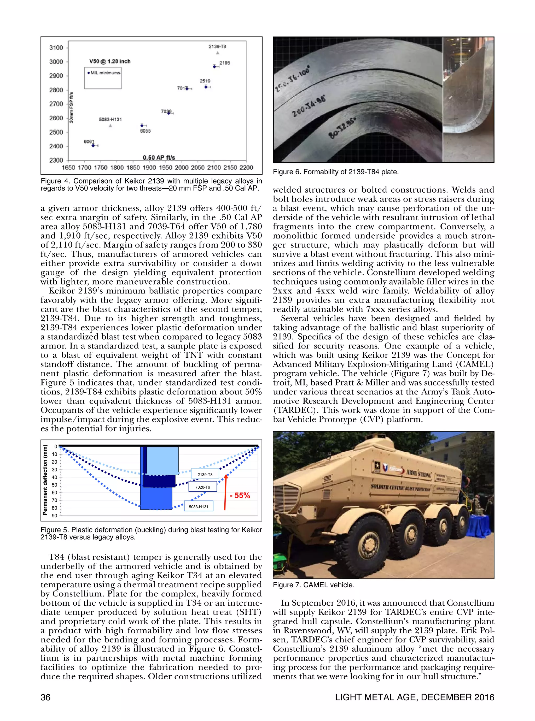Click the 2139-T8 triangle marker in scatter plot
click(x=218, y=53)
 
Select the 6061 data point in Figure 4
click(x=93, y=146)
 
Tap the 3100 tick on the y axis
click(x=56, y=48)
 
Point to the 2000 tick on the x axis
click(x=181, y=168)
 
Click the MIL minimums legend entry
click(x=104, y=73)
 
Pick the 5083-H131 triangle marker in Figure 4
click(x=111, y=126)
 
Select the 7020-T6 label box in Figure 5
click(x=202, y=487)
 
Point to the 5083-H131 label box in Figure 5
click(x=199, y=506)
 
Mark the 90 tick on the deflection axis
click(x=54, y=516)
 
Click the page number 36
click(x=45, y=698)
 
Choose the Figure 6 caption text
click(x=335, y=172)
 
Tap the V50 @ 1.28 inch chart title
click(x=110, y=61)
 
